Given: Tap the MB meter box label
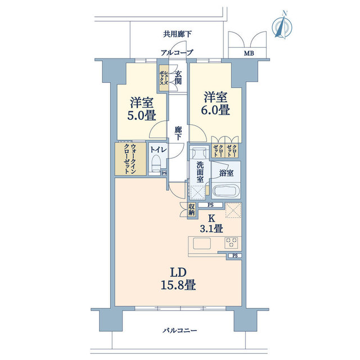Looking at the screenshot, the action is click(249, 53).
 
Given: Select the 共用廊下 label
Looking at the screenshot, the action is click(177, 34).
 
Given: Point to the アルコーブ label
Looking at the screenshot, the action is click(177, 52).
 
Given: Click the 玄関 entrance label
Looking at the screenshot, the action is click(178, 78).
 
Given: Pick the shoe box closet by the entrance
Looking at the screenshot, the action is click(164, 78).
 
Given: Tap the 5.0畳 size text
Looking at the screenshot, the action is click(142, 115).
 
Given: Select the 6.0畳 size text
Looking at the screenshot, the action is click(215, 110).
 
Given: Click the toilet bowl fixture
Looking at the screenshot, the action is click(156, 163).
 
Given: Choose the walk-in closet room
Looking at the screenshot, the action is click(130, 159).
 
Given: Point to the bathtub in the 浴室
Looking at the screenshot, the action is click(226, 191).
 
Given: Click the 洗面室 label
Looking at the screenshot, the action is click(200, 172).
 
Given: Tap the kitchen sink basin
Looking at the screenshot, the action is click(202, 244).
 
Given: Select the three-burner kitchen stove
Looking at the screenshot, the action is click(231, 243).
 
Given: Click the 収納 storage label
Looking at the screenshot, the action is click(191, 210).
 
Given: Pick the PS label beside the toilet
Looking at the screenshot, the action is click(164, 173).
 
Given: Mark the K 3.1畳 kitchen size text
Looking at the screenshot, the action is click(211, 224).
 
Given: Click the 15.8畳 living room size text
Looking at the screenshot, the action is click(178, 285).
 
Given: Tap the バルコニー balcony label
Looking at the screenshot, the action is click(180, 331).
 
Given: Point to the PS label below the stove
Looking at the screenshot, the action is click(235, 255).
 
